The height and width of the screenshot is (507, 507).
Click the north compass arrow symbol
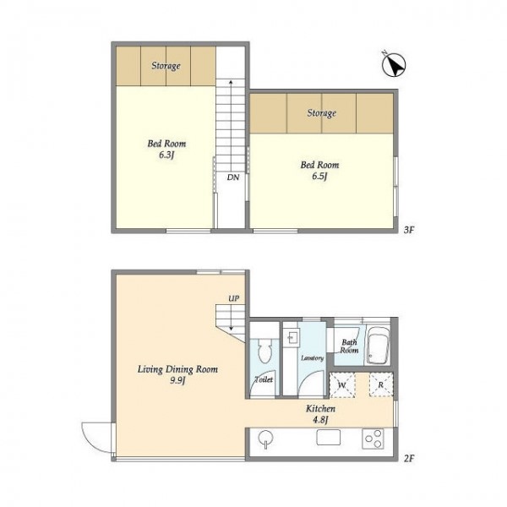pyautogui.click(x=394, y=65)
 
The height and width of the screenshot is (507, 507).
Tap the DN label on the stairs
pyautogui.click(x=233, y=177)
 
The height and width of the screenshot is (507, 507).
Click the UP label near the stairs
pyautogui.click(x=234, y=298)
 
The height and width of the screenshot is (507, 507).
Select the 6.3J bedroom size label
pyautogui.click(x=166, y=155)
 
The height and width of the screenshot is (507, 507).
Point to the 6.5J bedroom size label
pyautogui.click(x=319, y=177)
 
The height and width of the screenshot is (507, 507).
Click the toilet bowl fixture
pyautogui.click(x=264, y=350)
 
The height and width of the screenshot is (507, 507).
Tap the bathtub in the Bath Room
pyautogui.click(x=378, y=346)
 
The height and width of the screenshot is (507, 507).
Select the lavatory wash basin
pyautogui.click(x=293, y=338)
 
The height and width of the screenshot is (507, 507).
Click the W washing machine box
pyautogui.click(x=342, y=384)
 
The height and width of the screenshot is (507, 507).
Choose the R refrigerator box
pyautogui.click(x=381, y=384)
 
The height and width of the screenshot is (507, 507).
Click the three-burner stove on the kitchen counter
pyautogui.click(x=373, y=439)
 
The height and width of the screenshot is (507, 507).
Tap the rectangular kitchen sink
pyautogui.click(x=328, y=437)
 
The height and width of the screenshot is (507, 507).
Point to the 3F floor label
pyautogui.click(x=409, y=230)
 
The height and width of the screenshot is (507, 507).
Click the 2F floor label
pyautogui.click(x=409, y=458)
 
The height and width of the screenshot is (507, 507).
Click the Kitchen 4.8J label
pyautogui.click(x=320, y=414)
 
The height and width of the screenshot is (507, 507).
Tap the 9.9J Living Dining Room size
pyautogui.click(x=177, y=380)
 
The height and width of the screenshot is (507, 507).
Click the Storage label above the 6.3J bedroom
pyautogui.click(x=166, y=66)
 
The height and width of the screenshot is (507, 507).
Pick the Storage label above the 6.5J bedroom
pyautogui.click(x=321, y=113)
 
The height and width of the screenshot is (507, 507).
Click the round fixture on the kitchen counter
pyautogui.click(x=265, y=439)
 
